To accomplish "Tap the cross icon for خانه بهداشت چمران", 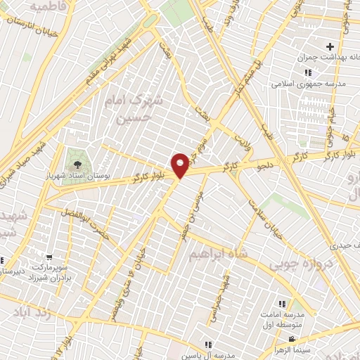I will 340,46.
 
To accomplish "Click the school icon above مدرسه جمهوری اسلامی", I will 307,72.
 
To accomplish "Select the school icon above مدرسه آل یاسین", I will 208,345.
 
